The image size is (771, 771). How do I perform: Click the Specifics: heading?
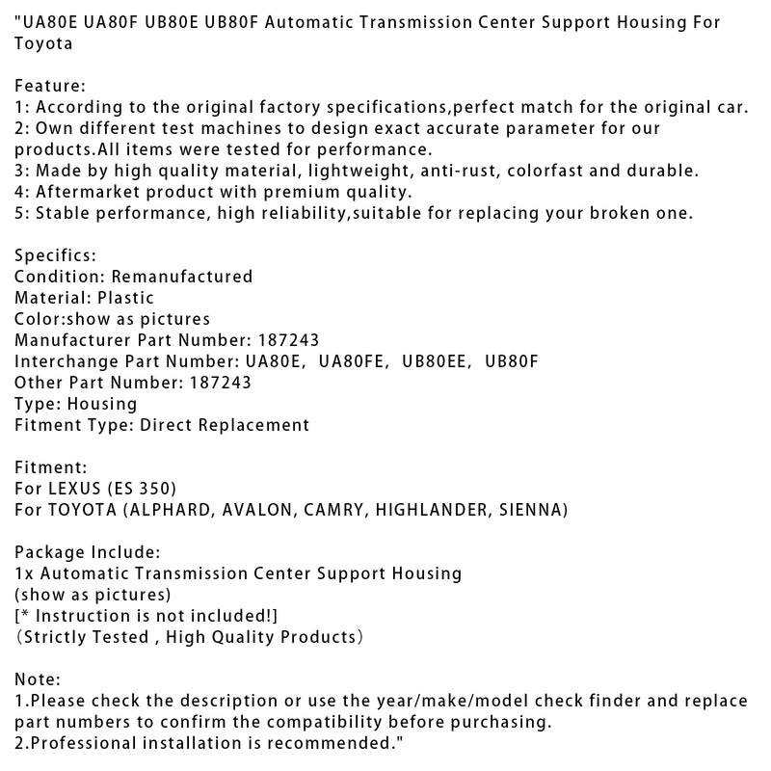click(55, 255)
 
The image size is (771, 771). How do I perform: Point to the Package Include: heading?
click(85, 552)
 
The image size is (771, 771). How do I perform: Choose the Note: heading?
click(38, 679)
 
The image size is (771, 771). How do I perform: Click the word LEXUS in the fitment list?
click(79, 489)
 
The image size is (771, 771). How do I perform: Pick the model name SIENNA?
click(530, 510)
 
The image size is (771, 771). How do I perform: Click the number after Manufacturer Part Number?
click(288, 340)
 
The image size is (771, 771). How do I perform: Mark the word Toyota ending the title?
click(41, 43)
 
